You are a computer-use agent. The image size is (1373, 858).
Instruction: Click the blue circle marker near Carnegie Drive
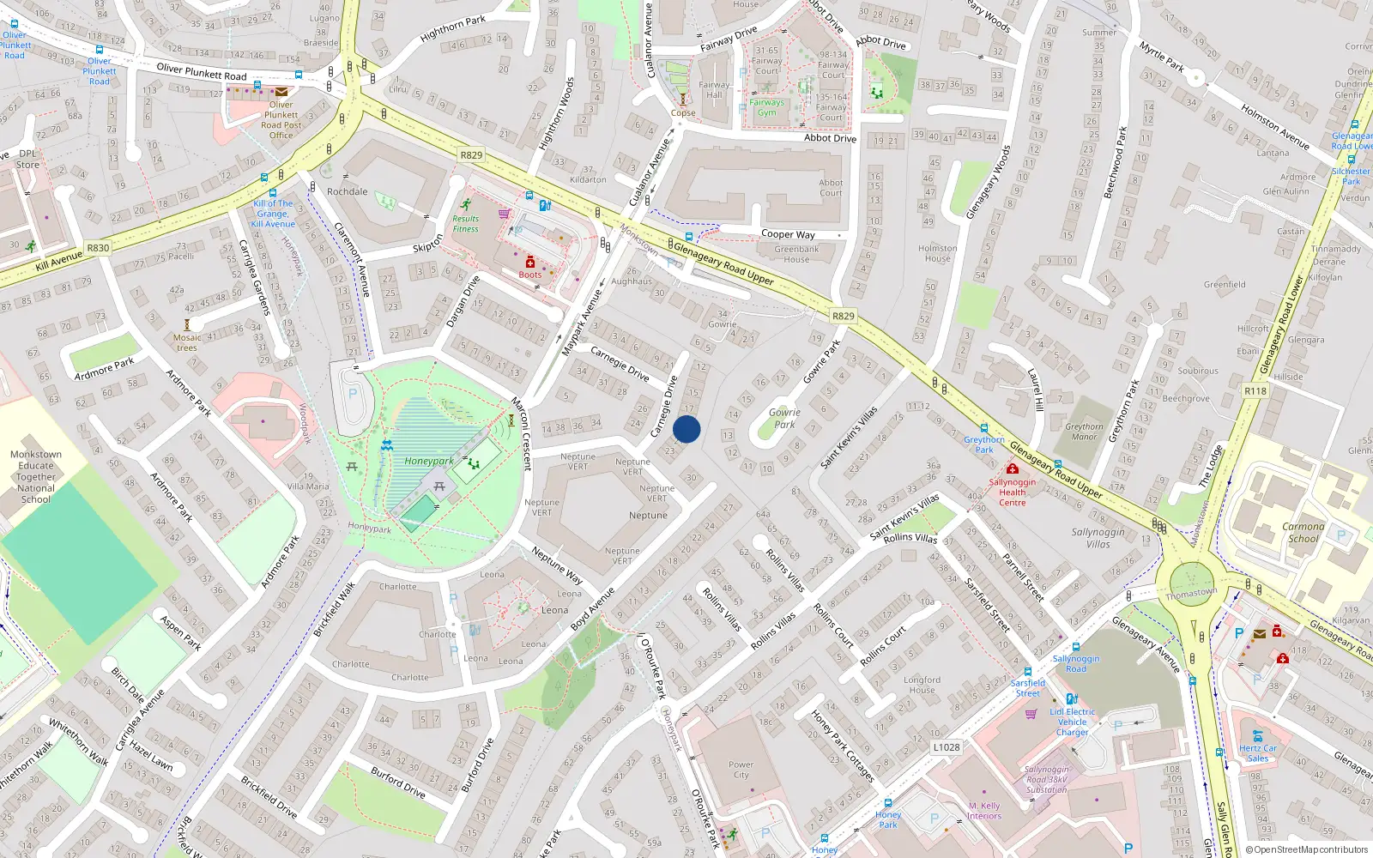pyautogui.click(x=686, y=429)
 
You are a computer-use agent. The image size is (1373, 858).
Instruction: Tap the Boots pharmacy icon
pyautogui.click(x=530, y=263)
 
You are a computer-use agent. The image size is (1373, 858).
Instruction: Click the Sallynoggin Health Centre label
pyautogui.click(x=1012, y=492)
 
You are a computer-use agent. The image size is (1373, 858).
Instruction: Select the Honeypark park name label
pyautogui.click(x=429, y=461)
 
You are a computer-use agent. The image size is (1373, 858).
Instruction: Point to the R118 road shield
pyautogui.click(x=1255, y=390)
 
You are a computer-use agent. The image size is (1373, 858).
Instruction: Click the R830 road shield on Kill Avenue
pyautogui.click(x=98, y=248)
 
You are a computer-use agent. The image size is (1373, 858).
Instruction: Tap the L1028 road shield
pyautogui.click(x=947, y=747)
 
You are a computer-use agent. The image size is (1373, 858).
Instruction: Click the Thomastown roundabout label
pyautogui.click(x=1191, y=593)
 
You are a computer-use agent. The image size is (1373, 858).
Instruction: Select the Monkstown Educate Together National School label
pyautogui.click(x=36, y=476)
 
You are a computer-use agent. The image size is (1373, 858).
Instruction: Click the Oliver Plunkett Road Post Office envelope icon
pyautogui.click(x=281, y=92)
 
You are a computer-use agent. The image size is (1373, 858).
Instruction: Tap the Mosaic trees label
pyautogui.click(x=187, y=342)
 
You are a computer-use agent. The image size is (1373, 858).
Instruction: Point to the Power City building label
pyautogui.click(x=741, y=770)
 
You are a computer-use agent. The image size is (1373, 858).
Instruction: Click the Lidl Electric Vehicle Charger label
pyautogui.click(x=1072, y=722)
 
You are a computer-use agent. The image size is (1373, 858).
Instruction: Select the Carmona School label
pyautogui.click(x=1303, y=533)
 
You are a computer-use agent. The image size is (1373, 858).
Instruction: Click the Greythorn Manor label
pyautogui.click(x=1084, y=432)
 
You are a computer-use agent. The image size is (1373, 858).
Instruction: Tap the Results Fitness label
pyautogui.click(x=466, y=224)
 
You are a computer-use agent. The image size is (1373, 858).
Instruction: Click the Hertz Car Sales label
pyautogui.click(x=1257, y=753)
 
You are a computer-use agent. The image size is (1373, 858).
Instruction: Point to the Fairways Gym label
pyautogui.click(x=766, y=107)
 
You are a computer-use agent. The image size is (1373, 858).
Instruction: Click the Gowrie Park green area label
pyautogui.click(x=784, y=418)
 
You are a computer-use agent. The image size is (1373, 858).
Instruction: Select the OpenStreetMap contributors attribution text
pyautogui.click(x=1307, y=849)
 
